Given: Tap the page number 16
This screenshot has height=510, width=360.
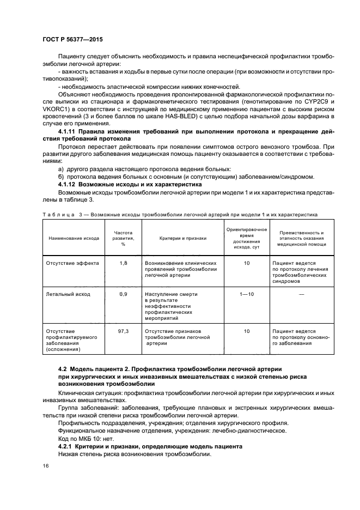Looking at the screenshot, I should pyautogui.click(x=45, y=466).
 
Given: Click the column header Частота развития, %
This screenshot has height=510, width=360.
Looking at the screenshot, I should pyautogui.click(x=123, y=238).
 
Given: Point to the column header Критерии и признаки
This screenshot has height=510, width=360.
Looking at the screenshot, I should pyautogui.click(x=182, y=238).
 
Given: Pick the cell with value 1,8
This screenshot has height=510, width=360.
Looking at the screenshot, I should pyautogui.click(x=123, y=263).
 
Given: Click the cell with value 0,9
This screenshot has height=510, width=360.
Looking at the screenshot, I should pyautogui.click(x=123, y=294).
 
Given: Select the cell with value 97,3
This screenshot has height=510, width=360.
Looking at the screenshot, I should pyautogui.click(x=123, y=331).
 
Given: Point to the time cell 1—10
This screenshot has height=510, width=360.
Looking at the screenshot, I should pyautogui.click(x=247, y=294).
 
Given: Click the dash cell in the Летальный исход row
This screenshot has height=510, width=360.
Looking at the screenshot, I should pyautogui.click(x=301, y=294).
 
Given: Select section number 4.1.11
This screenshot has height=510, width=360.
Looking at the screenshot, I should pyautogui.click(x=69, y=132).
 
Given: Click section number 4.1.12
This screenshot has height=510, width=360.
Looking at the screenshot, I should pyautogui.click(x=69, y=185).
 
